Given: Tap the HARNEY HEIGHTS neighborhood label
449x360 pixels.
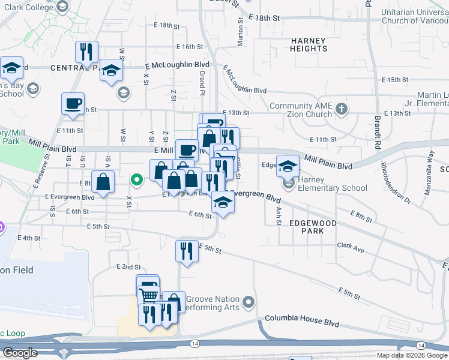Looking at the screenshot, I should (308, 45).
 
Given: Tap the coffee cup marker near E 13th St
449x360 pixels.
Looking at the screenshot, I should (73, 103).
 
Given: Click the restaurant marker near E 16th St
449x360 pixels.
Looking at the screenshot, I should (87, 52).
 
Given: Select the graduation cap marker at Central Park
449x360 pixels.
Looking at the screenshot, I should (111, 71).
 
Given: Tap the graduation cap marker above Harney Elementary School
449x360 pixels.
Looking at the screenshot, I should (288, 166).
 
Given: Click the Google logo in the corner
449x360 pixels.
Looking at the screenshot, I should (20, 353).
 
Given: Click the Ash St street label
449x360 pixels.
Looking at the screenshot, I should (278, 217).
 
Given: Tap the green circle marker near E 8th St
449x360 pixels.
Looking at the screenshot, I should (137, 179).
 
